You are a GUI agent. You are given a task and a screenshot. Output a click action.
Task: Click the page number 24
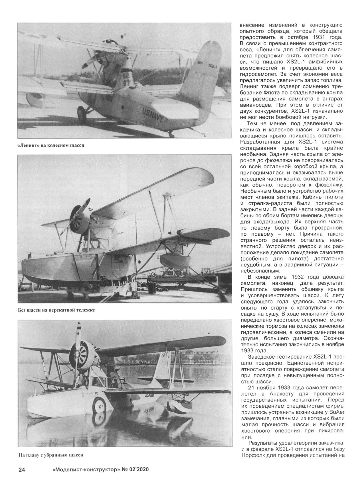pos(22,470)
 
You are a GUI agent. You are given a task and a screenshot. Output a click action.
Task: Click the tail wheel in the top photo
pos(171,133)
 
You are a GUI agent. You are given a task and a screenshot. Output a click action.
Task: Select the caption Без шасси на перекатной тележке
pos(56,310)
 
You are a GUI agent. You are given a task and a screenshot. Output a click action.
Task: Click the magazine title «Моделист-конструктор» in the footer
pos(85,470)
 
